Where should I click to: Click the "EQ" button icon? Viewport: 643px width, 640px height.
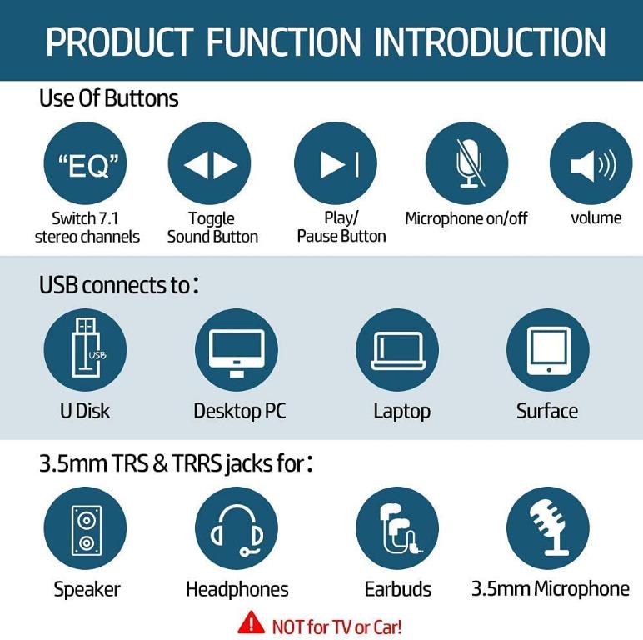tap(85, 164)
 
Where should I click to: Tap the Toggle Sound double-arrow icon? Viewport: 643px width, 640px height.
tap(210, 164)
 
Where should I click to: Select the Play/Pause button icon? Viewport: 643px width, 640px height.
tap(336, 164)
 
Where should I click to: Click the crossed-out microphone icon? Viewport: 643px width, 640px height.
tap(466, 164)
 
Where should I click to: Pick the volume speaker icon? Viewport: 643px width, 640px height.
tap(591, 164)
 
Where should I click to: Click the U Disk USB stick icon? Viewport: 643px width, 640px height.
tap(85, 350)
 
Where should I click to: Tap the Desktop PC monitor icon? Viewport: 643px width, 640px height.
tap(237, 350)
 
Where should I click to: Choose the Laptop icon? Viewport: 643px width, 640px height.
tap(397, 350)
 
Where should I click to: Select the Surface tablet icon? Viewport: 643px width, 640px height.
tap(547, 350)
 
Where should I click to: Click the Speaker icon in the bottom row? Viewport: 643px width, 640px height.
tap(85, 529)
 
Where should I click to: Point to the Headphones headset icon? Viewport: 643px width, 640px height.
tap(237, 529)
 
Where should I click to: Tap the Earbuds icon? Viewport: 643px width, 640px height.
tap(397, 529)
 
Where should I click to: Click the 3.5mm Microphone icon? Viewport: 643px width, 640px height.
tap(548, 529)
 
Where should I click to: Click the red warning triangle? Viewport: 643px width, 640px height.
tap(251, 622)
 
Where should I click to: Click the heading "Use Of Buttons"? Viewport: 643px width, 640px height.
tap(108, 98)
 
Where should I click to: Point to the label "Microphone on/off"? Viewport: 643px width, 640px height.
tap(466, 218)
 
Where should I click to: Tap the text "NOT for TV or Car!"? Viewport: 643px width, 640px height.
tap(336, 626)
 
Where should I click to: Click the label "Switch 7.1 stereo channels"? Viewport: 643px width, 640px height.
tap(87, 227)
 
